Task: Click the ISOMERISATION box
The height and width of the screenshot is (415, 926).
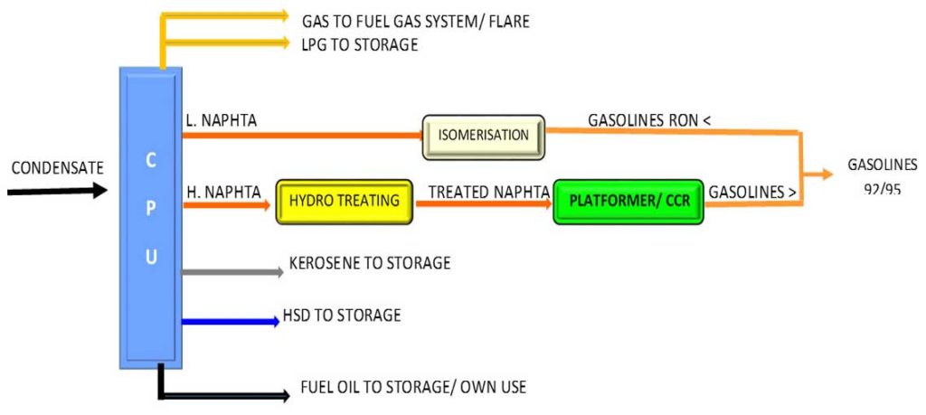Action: coord(483,136)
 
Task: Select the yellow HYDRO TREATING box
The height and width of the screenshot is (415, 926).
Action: coord(345,201)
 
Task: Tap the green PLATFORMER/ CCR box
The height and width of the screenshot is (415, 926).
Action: coord(628,201)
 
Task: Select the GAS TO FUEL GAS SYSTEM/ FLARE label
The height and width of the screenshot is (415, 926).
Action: coord(415,21)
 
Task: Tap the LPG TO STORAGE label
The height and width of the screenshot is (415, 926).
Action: coord(359,44)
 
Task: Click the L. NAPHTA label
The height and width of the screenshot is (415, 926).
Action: coord(222,120)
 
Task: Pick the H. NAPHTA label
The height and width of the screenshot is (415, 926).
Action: coord(223,191)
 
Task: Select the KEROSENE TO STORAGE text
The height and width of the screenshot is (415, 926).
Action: coord(369,263)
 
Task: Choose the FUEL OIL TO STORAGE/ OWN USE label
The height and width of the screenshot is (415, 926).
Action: coord(412,388)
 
